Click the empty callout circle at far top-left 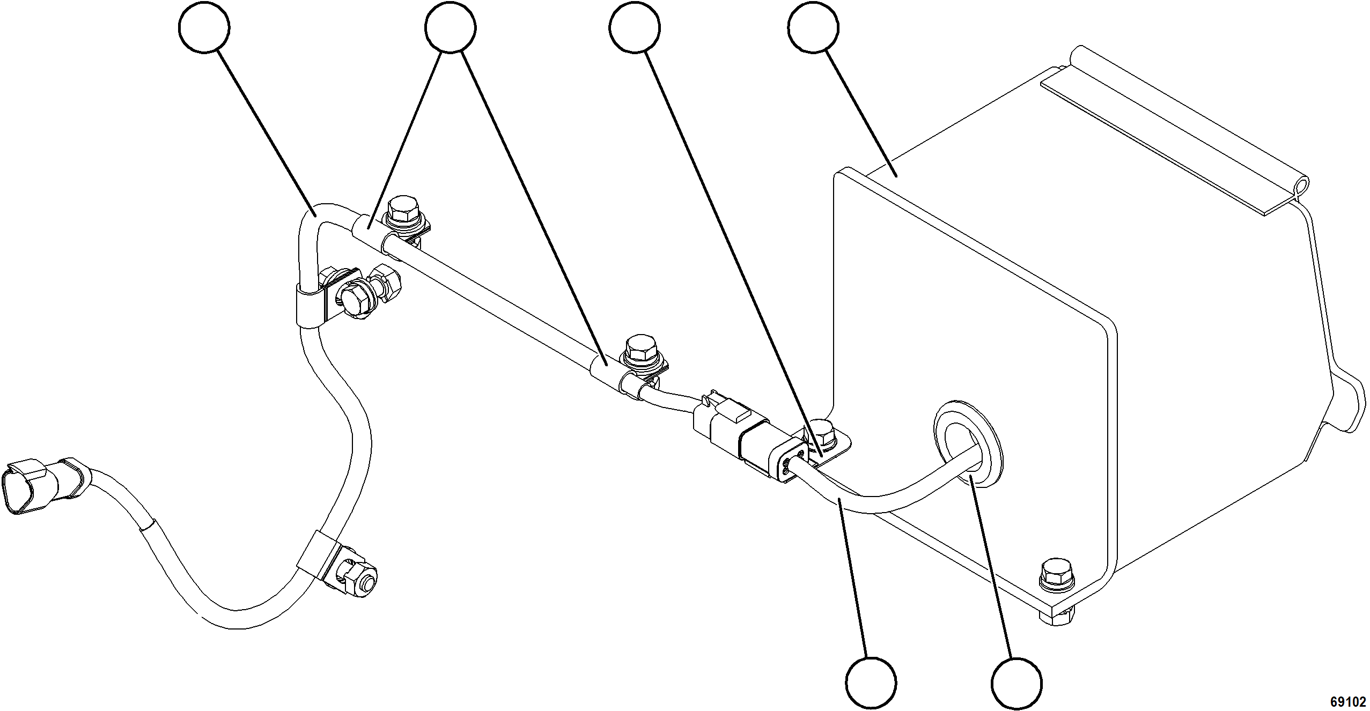pyautogui.click(x=204, y=27)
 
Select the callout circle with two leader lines pyautogui.click(x=450, y=27)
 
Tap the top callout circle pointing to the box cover pyautogui.click(x=814, y=27)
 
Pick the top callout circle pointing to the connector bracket pyautogui.click(x=635, y=27)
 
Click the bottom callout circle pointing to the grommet pyautogui.click(x=1017, y=683)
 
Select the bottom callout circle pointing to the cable pyautogui.click(x=871, y=683)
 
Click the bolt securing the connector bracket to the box pyautogui.click(x=820, y=431)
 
